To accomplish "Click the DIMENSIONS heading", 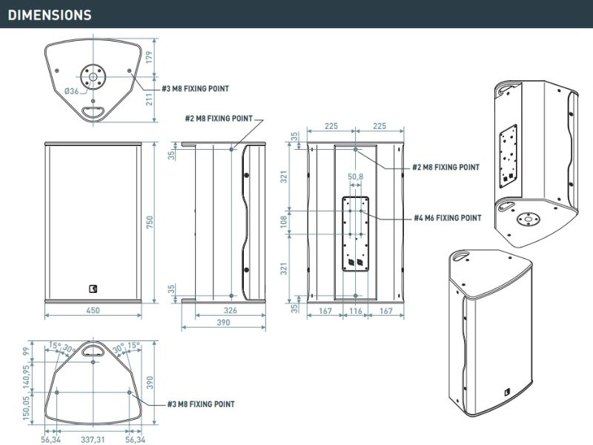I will [50, 15].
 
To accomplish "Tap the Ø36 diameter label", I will [71, 90].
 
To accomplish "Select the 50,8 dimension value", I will [355, 177].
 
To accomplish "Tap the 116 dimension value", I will [356, 311].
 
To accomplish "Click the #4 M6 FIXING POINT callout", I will [447, 218].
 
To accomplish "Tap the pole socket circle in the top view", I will [93, 74].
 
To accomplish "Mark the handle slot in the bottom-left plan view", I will [93, 347].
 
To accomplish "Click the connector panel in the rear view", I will [356, 234].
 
